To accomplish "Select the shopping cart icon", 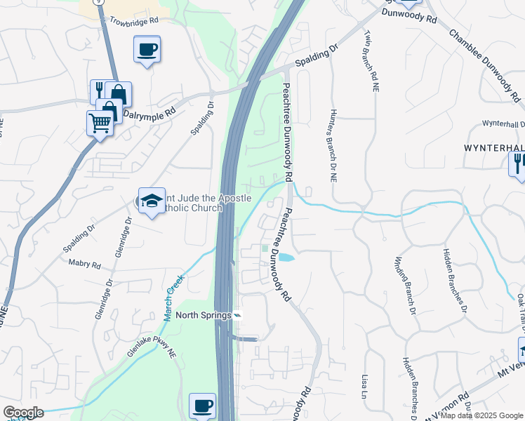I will coord(100,123).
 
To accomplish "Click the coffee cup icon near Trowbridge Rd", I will coord(147,49).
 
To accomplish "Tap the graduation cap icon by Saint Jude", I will coord(151,201).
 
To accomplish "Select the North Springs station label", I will coord(204,315).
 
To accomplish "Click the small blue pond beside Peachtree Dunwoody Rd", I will coord(286,258).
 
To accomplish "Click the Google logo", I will coord(23,413).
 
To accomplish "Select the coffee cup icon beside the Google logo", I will coord(202,406).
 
